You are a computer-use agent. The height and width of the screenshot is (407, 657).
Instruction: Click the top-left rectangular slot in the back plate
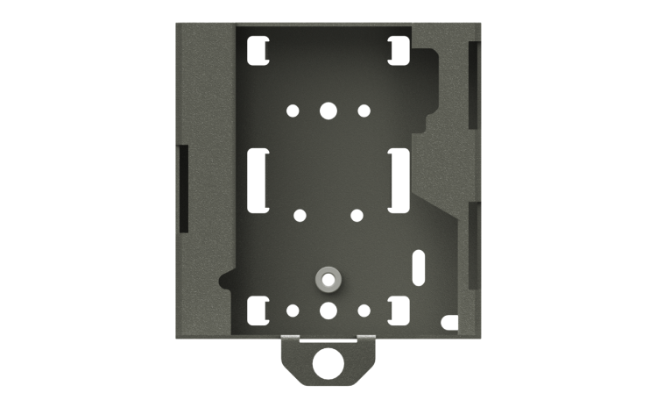click(x=258, y=50)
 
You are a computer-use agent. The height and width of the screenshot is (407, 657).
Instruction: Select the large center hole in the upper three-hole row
click(x=328, y=111)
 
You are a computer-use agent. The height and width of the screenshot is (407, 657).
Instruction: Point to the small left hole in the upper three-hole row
click(x=293, y=111)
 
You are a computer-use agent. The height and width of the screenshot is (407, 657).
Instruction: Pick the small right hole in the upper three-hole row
click(x=364, y=111)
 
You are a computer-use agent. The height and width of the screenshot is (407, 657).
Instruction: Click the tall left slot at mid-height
click(x=258, y=179)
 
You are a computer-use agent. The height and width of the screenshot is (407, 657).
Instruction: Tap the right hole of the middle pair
click(x=357, y=215)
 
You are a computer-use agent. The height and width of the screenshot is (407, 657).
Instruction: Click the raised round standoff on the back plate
click(x=328, y=279)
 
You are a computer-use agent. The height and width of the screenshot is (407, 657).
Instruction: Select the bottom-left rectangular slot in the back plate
click(x=258, y=310)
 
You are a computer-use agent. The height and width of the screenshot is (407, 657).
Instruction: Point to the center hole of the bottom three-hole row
click(x=328, y=310)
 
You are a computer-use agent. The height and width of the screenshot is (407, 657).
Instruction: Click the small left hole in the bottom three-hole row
click(x=293, y=310)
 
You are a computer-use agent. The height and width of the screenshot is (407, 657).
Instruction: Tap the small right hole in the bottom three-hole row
click(x=364, y=310)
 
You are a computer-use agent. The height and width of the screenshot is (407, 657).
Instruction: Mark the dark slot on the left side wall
click(x=183, y=188)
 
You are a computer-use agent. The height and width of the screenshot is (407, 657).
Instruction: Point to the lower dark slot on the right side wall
click(x=474, y=246)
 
